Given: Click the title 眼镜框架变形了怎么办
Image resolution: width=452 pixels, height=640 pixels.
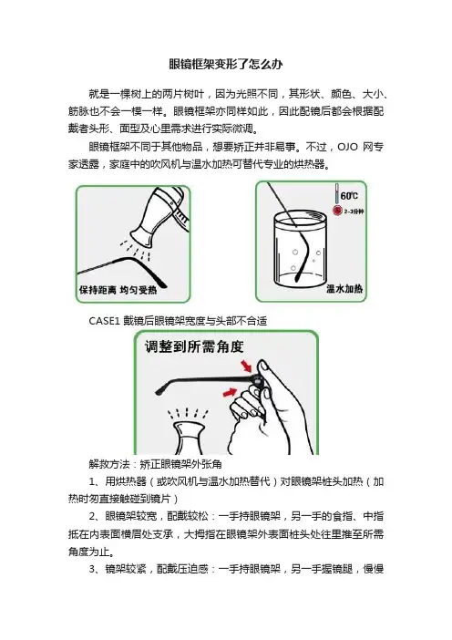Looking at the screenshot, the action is click(226, 64).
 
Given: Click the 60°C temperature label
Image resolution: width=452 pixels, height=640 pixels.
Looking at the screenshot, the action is click(350, 196).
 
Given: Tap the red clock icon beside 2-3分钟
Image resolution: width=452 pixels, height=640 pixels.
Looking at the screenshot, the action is click(337, 211).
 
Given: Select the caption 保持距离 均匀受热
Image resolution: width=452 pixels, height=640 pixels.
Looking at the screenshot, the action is click(118, 290).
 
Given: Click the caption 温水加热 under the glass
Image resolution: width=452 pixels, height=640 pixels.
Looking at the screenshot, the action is click(344, 289).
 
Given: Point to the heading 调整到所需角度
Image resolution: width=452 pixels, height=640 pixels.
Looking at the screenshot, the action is click(194, 347).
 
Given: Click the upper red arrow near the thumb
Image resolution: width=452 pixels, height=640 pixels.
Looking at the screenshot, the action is click(245, 366).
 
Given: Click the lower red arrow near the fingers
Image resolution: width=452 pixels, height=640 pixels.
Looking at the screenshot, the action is click(230, 392).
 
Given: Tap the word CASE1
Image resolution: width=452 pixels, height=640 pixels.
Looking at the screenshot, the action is click(104, 321).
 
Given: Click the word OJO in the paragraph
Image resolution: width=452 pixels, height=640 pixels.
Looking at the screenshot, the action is click(347, 147).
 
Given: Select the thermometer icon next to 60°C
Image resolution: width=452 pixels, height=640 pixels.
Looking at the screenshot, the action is click(337, 194).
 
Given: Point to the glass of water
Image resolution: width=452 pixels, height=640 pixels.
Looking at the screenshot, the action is click(300, 251).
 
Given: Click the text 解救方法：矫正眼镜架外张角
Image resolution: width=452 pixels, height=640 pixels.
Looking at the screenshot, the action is click(156, 464).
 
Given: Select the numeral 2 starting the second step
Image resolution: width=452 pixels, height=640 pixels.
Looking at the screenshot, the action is click(92, 516).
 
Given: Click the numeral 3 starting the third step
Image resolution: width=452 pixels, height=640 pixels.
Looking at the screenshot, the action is click(92, 569).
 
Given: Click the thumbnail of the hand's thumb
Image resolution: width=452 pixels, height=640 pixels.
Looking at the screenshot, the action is click(264, 366).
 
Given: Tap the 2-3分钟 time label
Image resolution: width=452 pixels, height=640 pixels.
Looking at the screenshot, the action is click(354, 212).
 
